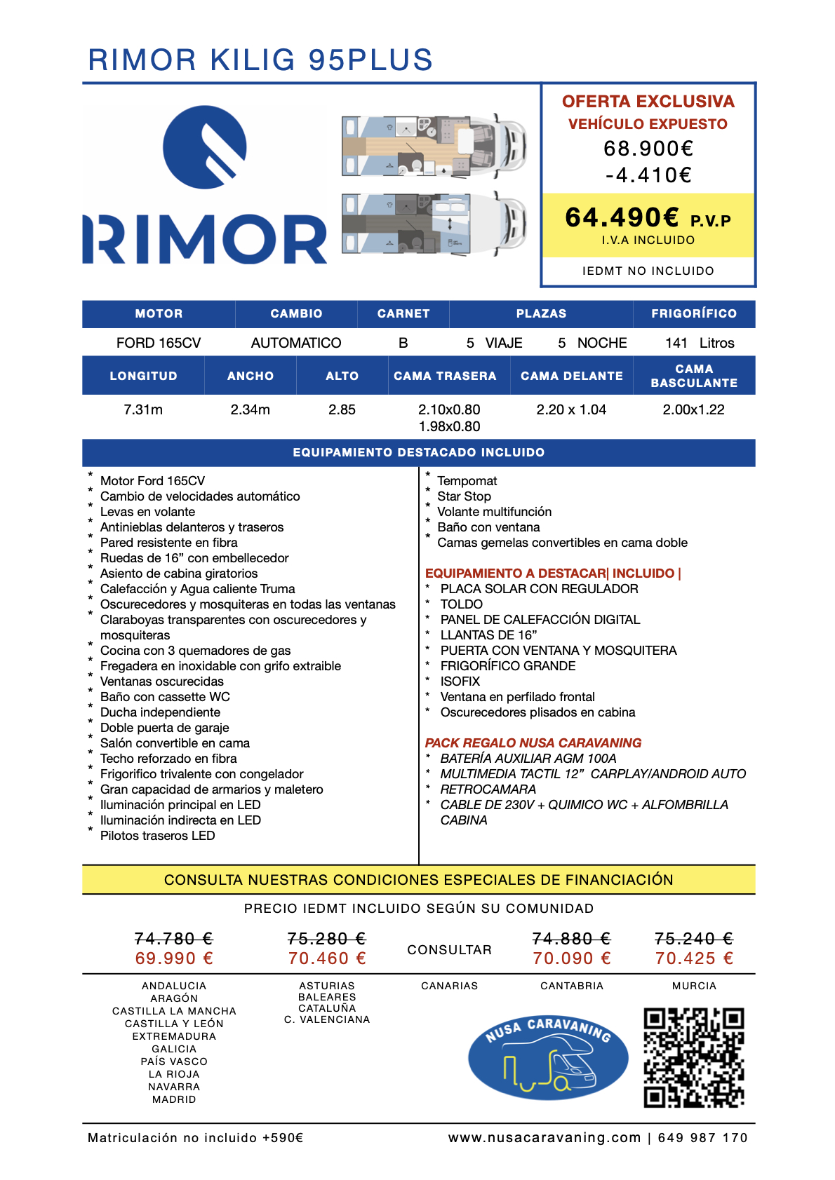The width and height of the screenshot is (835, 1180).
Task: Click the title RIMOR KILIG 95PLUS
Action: [x=260, y=60]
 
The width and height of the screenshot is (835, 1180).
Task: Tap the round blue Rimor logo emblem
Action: [x=204, y=147]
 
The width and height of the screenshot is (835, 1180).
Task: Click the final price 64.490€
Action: [x=622, y=218]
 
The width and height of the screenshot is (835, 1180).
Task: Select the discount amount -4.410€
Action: [x=648, y=175]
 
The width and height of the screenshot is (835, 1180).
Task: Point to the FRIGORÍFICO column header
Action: [x=693, y=314]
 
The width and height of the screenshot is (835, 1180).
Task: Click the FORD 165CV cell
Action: [x=159, y=343]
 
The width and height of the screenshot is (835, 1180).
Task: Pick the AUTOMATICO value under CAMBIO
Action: [x=296, y=343]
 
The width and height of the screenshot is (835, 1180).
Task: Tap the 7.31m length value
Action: [x=143, y=409]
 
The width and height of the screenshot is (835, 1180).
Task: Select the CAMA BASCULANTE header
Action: [x=693, y=376]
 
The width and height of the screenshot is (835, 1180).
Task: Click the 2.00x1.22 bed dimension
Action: [x=693, y=409]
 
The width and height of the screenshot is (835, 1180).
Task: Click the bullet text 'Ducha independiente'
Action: [x=160, y=712]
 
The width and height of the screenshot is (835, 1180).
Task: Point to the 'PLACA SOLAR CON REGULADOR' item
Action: [x=539, y=589]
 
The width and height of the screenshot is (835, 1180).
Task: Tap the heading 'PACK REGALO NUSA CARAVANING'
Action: [x=533, y=743]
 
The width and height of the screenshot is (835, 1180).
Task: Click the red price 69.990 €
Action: [x=174, y=958]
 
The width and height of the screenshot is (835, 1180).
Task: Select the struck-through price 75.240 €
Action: [x=693, y=939]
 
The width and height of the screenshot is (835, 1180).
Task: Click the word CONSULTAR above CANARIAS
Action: [x=449, y=950]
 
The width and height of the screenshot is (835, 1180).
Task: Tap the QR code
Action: [x=693, y=1058]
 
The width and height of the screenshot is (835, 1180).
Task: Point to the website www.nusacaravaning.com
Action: [x=545, y=1138]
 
